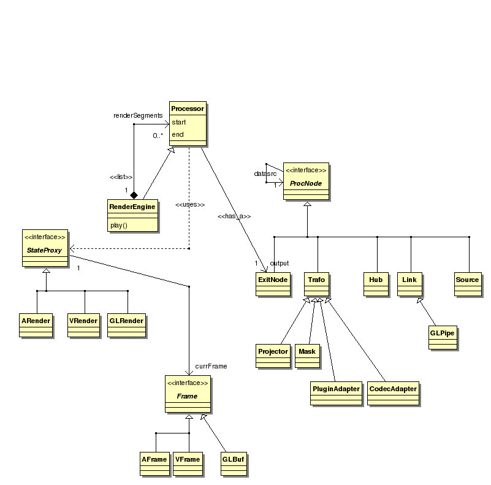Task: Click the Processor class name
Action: tap(188, 109)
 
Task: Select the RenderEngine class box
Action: tap(132, 215)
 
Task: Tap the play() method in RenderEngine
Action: tap(119, 225)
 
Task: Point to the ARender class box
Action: tap(36, 325)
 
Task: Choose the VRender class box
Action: tap(84, 325)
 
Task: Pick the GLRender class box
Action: tap(126, 325)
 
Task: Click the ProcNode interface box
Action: tap(306, 181)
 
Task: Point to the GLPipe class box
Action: tap(442, 337)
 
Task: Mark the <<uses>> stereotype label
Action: tap(190, 204)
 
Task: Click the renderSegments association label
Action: tap(138, 115)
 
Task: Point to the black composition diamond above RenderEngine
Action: tap(134, 194)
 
